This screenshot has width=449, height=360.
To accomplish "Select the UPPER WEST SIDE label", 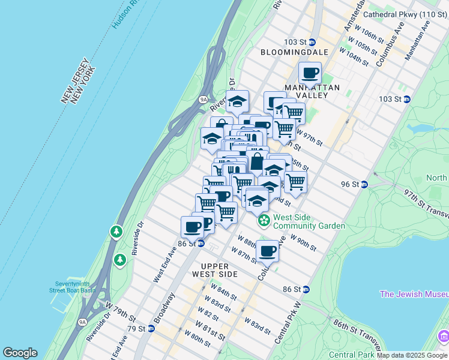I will (x=211, y=269).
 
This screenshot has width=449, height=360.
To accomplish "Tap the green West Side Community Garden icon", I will (x=264, y=221).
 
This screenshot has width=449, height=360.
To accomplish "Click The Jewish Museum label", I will (x=414, y=294).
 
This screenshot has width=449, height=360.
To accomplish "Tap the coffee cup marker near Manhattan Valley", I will (x=310, y=74).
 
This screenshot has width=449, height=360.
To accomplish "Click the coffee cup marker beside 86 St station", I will (x=193, y=227).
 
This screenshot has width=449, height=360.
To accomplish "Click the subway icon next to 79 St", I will (x=151, y=328).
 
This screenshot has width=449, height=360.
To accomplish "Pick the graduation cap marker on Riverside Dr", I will (x=237, y=101).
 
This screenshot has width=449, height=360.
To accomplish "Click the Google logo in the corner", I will (x=20, y=353).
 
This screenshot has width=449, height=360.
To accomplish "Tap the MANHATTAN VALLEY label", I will (x=312, y=92).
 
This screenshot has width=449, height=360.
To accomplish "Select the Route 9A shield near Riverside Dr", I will (x=203, y=100).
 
